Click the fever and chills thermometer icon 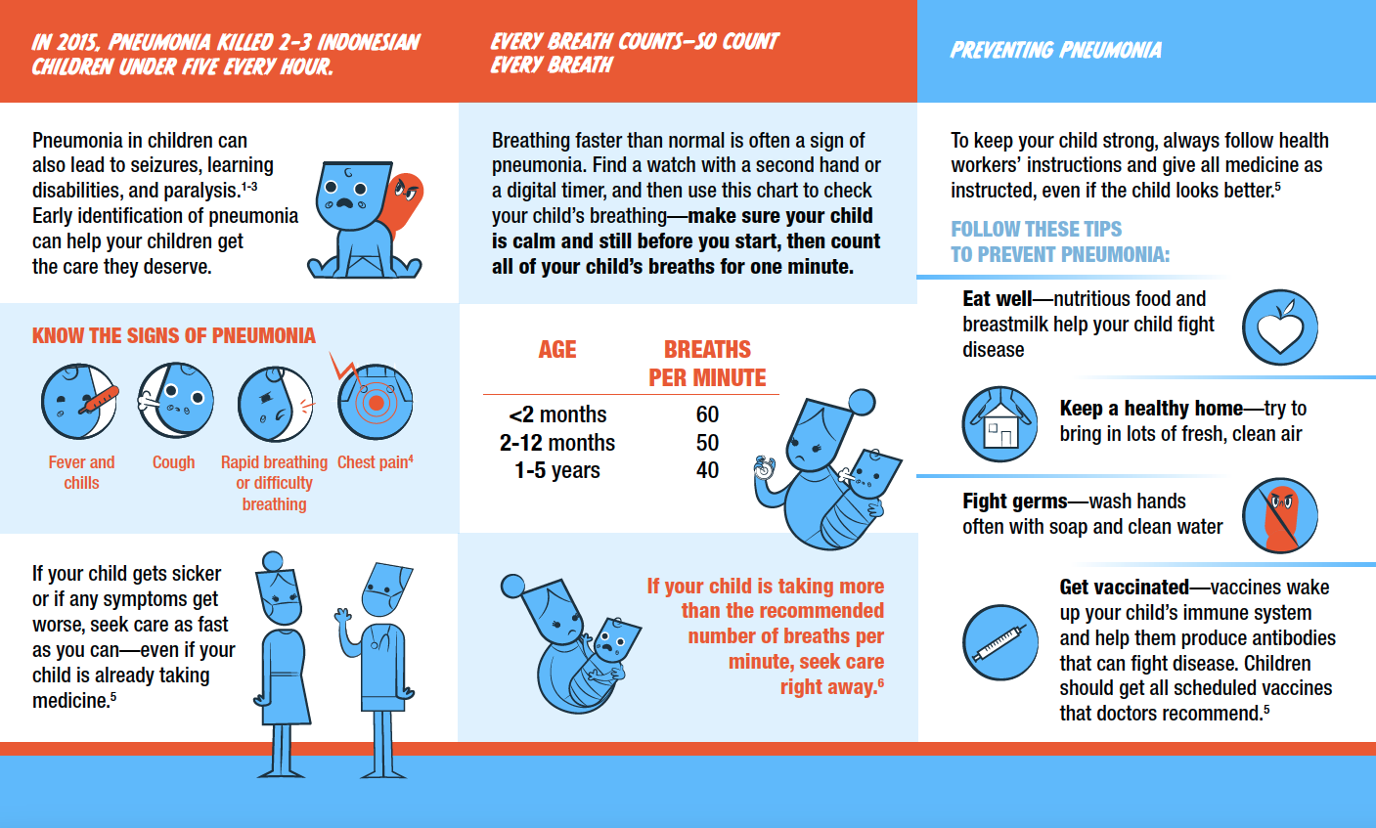click(x=80, y=402)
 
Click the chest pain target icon click(x=375, y=402)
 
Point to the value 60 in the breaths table click(x=707, y=414)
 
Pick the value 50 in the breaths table click(x=707, y=443)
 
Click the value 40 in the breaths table click(x=707, y=470)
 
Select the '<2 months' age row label click(x=557, y=414)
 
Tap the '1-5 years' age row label click(x=557, y=470)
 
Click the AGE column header click(x=557, y=350)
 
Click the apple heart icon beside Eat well click(x=1279, y=327)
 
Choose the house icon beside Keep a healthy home click(x=999, y=423)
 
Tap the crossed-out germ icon click(x=1279, y=515)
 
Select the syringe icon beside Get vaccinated click(x=999, y=642)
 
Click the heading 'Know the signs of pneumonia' click(x=174, y=336)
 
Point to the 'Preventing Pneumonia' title click(x=1056, y=50)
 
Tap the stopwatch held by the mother click(x=763, y=469)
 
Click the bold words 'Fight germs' click(x=1014, y=501)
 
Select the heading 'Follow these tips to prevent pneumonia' click(x=1059, y=241)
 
